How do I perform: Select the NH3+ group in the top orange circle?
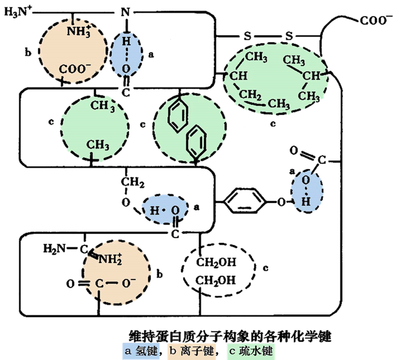(x=79, y=31)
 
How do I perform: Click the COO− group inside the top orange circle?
(x=75, y=69)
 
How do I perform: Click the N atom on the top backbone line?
(x=125, y=12)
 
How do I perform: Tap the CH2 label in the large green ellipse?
(x=250, y=95)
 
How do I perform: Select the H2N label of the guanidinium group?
(x=54, y=248)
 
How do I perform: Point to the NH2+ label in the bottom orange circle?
(x=110, y=259)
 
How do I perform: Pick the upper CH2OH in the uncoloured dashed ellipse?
(x=216, y=262)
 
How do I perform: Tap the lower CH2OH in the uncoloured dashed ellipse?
(x=215, y=280)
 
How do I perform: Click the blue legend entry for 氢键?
(x=141, y=351)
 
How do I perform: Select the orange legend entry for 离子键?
(x=191, y=351)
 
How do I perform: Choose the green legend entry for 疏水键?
(x=251, y=351)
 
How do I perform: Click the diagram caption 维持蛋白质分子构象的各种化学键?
(x=230, y=336)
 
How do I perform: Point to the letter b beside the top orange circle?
(x=28, y=53)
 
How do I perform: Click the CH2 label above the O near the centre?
(x=132, y=182)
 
